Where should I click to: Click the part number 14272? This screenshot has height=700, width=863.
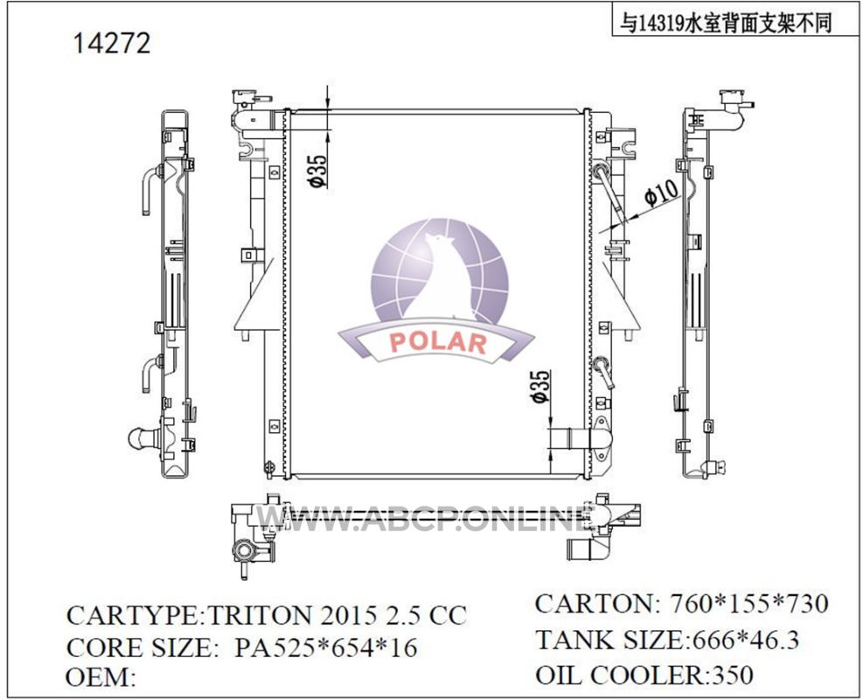click(112, 43)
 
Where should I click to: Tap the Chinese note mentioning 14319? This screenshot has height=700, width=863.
click(726, 23)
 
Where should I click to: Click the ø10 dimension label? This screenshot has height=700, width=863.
click(661, 192)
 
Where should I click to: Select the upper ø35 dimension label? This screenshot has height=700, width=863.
click(317, 171)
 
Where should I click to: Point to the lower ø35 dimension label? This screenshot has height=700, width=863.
click(540, 386)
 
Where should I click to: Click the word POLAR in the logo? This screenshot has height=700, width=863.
click(438, 343)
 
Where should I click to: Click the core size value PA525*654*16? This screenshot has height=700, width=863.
click(326, 647)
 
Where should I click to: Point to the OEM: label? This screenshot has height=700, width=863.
click(101, 677)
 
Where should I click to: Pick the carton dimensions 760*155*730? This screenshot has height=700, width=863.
click(749, 603)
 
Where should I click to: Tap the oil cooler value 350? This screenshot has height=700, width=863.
click(732, 675)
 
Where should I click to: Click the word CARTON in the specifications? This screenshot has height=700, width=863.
click(594, 603)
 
